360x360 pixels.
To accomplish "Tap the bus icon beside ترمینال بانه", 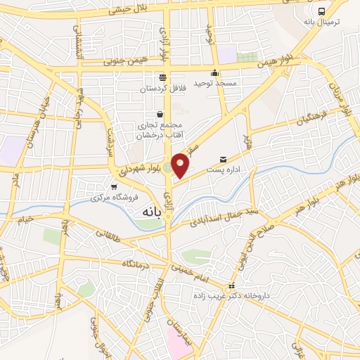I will point(321,11).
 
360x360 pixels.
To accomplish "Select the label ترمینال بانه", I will point(321,22).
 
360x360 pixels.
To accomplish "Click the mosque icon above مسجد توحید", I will point(215,73).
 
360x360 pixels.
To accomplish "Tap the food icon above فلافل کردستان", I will point(163,77).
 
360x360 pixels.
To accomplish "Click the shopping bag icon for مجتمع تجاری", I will point(160,114).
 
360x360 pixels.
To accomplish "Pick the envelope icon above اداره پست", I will point(224,160).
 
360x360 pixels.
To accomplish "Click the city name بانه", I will point(155,210).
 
